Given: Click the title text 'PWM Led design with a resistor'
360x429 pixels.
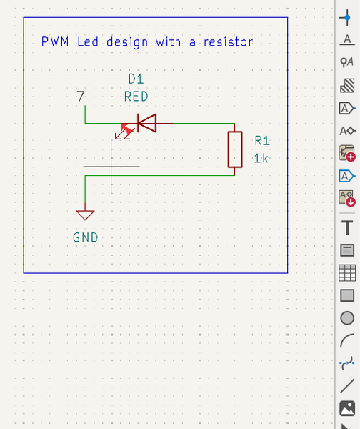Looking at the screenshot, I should [x=147, y=42].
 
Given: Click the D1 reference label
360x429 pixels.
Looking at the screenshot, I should [x=136, y=78].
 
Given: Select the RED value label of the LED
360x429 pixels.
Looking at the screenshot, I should [x=136, y=96].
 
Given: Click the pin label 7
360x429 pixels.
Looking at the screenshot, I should [x=81, y=96].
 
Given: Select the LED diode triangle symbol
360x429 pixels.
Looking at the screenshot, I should [x=147, y=124].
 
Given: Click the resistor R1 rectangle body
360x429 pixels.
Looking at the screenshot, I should [x=235, y=149].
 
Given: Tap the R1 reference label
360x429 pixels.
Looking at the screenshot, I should [x=262, y=141].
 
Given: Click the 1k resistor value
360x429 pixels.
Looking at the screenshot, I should [x=261, y=159].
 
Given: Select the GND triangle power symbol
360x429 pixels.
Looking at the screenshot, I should [x=85, y=214].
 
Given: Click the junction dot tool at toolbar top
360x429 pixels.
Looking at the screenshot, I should [x=348, y=16].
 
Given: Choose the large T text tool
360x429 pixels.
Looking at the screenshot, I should [x=348, y=227].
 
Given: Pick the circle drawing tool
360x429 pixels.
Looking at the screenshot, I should [x=348, y=318].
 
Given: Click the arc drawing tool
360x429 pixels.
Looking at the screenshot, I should [x=348, y=341].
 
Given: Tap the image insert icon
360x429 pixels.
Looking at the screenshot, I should [x=348, y=408].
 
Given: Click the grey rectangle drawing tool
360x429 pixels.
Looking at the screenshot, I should [x=348, y=295].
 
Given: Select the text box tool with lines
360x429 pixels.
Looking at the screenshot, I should [x=348, y=250].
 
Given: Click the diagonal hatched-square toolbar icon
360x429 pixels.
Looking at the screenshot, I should [x=348, y=86].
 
